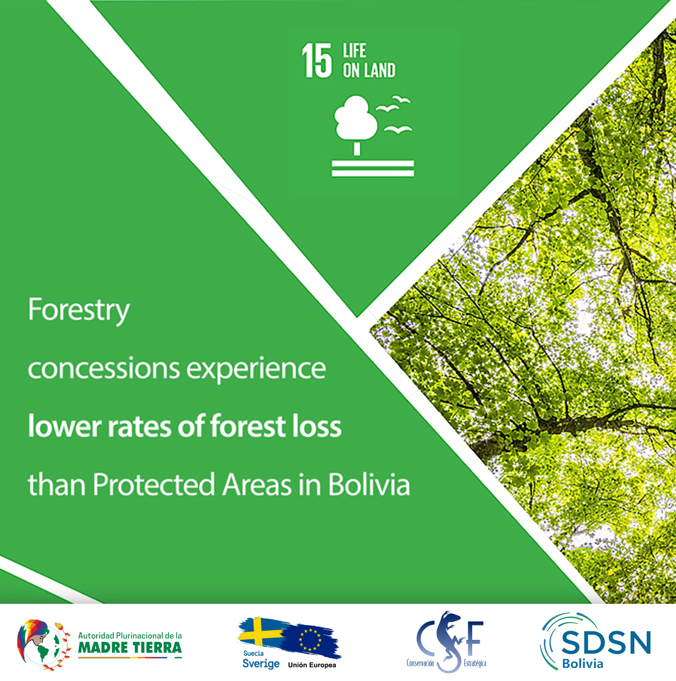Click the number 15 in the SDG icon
(316, 61)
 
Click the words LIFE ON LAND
(369, 61)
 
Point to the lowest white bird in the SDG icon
(398, 129)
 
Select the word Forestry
(78, 310)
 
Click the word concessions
(104, 369)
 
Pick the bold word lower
(64, 425)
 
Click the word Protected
(154, 484)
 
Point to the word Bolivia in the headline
(369, 484)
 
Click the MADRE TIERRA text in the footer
(130, 648)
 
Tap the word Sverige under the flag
(261, 664)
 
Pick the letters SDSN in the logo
(606, 643)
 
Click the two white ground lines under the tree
(373, 169)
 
